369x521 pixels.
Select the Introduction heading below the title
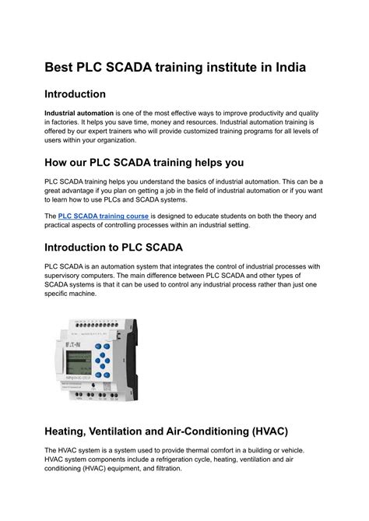[75, 94]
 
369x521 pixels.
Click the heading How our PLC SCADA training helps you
[144, 163]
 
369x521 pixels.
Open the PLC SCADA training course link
[104, 216]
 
